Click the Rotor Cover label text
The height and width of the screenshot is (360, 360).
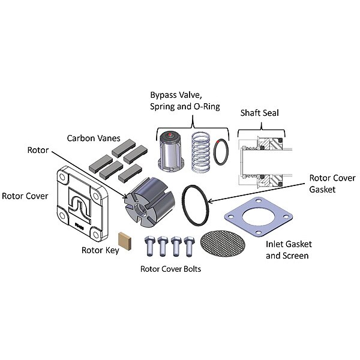(25, 196)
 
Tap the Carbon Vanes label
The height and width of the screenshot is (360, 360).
(94, 138)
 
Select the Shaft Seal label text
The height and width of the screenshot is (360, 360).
(260, 113)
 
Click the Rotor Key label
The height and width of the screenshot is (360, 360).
(100, 250)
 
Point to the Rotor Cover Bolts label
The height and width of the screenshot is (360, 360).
(170, 269)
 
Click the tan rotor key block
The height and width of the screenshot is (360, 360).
(125, 241)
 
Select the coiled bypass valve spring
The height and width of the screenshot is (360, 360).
(201, 152)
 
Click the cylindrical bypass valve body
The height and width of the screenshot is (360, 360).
(170, 152)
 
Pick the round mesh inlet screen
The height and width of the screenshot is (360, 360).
(223, 244)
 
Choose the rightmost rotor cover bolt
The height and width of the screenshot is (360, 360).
(190, 246)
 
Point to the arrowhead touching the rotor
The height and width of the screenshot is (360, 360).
(125, 197)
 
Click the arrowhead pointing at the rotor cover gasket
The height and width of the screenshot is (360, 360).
(209, 202)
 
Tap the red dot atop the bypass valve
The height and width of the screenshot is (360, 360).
(170, 134)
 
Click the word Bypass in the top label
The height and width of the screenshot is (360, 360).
(164, 95)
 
